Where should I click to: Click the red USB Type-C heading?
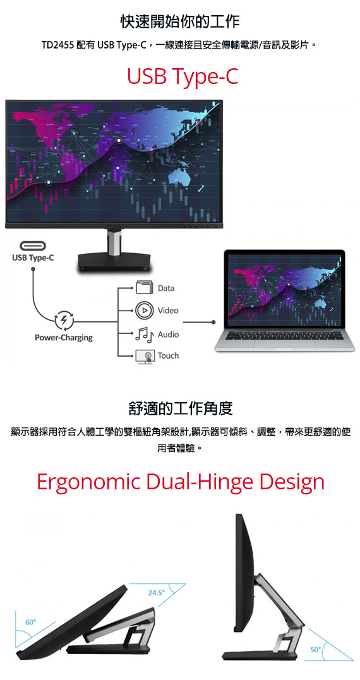point(183,77)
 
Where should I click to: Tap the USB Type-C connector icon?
point(32,246)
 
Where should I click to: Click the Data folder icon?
point(145,287)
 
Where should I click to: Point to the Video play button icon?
point(145,311)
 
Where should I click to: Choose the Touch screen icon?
point(145,357)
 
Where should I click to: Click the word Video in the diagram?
point(168,311)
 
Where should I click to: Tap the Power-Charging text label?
point(64,338)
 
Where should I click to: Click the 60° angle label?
point(30,623)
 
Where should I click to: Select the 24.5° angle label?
point(156,593)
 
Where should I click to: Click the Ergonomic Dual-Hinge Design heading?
point(181,482)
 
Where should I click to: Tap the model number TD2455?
point(58,45)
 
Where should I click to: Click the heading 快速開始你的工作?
point(180,21)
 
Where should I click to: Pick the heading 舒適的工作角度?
point(181,408)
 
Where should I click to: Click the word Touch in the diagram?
point(168,356)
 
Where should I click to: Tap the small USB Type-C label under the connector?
point(33,258)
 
